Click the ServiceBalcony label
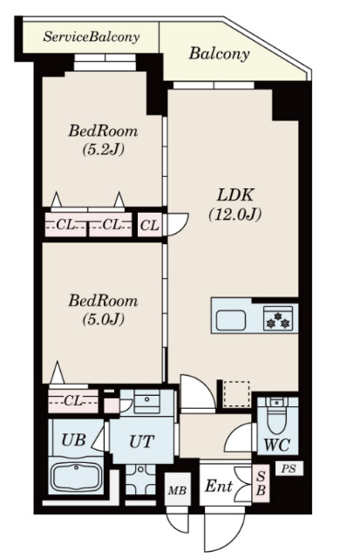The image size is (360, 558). point(91,37)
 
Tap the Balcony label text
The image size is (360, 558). point(219,54)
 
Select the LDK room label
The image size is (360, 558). point(235,195)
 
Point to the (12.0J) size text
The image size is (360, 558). point(235,214)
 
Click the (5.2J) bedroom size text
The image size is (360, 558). point(103,150)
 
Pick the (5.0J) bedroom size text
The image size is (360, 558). point(103,319)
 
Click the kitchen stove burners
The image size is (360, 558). point(278,319)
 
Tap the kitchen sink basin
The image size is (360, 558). point(230,320)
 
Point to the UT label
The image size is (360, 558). point(141,442)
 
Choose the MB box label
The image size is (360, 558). point(177,491)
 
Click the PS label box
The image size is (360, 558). point(289,468)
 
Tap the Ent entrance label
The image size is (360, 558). point(219,487)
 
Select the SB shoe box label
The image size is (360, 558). point(261,483)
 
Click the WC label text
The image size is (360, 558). point(277,445)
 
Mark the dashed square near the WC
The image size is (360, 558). point(236,394)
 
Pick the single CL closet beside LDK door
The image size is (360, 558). point(149,225)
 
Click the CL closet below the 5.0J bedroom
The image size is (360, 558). point(73,401)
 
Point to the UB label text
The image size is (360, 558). point(73,439)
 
